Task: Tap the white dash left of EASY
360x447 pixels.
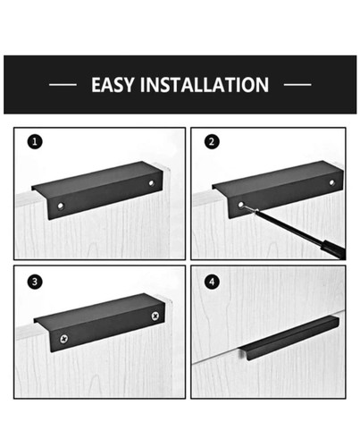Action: click(63, 85)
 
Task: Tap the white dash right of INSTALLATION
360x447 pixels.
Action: click(297, 85)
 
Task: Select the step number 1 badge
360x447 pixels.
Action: click(35, 141)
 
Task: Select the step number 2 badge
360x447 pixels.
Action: click(212, 141)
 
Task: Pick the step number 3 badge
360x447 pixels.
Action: click(35, 282)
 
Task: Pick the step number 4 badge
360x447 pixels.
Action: click(212, 282)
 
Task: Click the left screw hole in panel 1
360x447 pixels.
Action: click(61, 206)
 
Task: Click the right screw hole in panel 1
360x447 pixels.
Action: click(152, 182)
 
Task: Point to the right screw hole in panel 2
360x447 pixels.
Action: click(331, 182)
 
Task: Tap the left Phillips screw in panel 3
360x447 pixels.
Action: click(64, 339)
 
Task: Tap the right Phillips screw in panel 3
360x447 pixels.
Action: click(155, 316)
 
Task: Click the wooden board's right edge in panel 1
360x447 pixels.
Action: click(170, 215)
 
